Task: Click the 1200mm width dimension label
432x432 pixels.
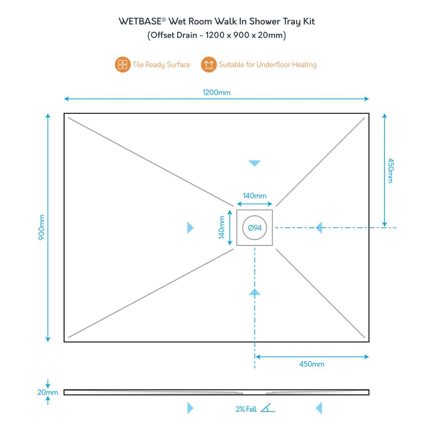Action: pyautogui.click(x=217, y=92)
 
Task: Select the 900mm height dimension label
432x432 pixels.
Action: pyautogui.click(x=42, y=227)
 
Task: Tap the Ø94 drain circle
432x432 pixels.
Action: pyautogui.click(x=254, y=227)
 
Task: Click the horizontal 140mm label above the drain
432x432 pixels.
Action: pyautogui.click(x=254, y=196)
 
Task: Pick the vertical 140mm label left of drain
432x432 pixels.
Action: pyautogui.click(x=221, y=227)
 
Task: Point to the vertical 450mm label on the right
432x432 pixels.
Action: pyautogui.click(x=390, y=170)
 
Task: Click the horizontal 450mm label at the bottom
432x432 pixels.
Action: pyautogui.click(x=312, y=364)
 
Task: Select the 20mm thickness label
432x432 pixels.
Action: pyautogui.click(x=48, y=392)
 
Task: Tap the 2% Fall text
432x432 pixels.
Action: pyautogui.click(x=246, y=409)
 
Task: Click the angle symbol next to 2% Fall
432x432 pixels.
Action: pyautogui.click(x=267, y=408)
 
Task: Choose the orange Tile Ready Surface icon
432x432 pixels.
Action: pyautogui.click(x=123, y=65)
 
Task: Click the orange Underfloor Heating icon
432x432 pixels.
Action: pyautogui.click(x=208, y=65)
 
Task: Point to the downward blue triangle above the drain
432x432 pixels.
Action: pyautogui.click(x=254, y=163)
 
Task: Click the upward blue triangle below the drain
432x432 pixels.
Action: pyautogui.click(x=254, y=292)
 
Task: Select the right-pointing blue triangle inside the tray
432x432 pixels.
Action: pyautogui.click(x=190, y=228)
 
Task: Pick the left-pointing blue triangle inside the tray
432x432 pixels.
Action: pyautogui.click(x=319, y=228)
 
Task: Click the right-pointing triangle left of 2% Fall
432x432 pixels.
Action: pyautogui.click(x=190, y=408)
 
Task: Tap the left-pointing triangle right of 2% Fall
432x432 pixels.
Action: pyautogui.click(x=319, y=408)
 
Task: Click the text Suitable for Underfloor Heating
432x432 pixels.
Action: pyautogui.click(x=267, y=65)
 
